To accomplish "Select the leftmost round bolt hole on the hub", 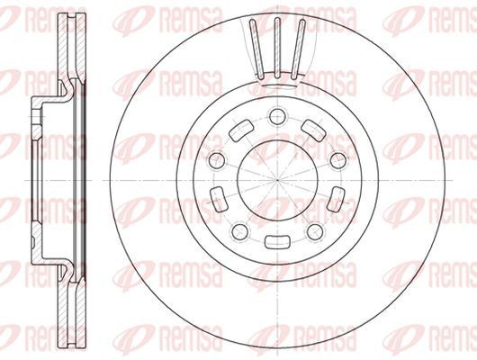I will (x=216, y=159).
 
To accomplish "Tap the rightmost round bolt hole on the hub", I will (x=338, y=159).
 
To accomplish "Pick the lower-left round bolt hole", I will (x=238, y=232).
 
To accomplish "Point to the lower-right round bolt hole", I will (x=314, y=232).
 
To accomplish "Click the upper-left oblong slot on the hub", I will (x=240, y=131).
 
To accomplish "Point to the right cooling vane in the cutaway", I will (x=299, y=49).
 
